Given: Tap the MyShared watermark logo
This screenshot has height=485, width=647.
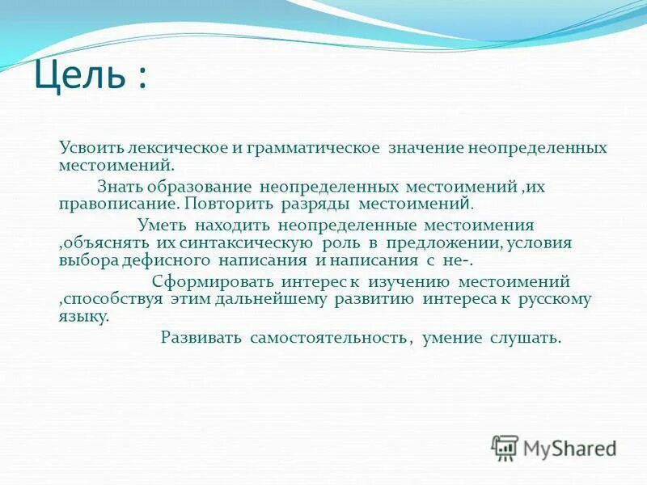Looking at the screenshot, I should click(x=554, y=447).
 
